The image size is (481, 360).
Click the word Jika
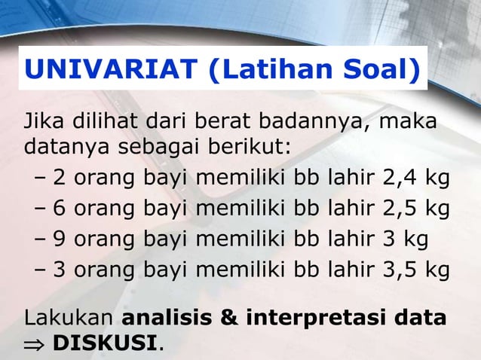click(x=44, y=121)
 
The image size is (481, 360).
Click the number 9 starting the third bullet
click(x=59, y=239)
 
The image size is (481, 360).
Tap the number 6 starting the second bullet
click(x=59, y=209)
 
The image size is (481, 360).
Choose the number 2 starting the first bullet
click(x=59, y=178)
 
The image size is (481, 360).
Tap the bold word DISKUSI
click(x=105, y=344)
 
